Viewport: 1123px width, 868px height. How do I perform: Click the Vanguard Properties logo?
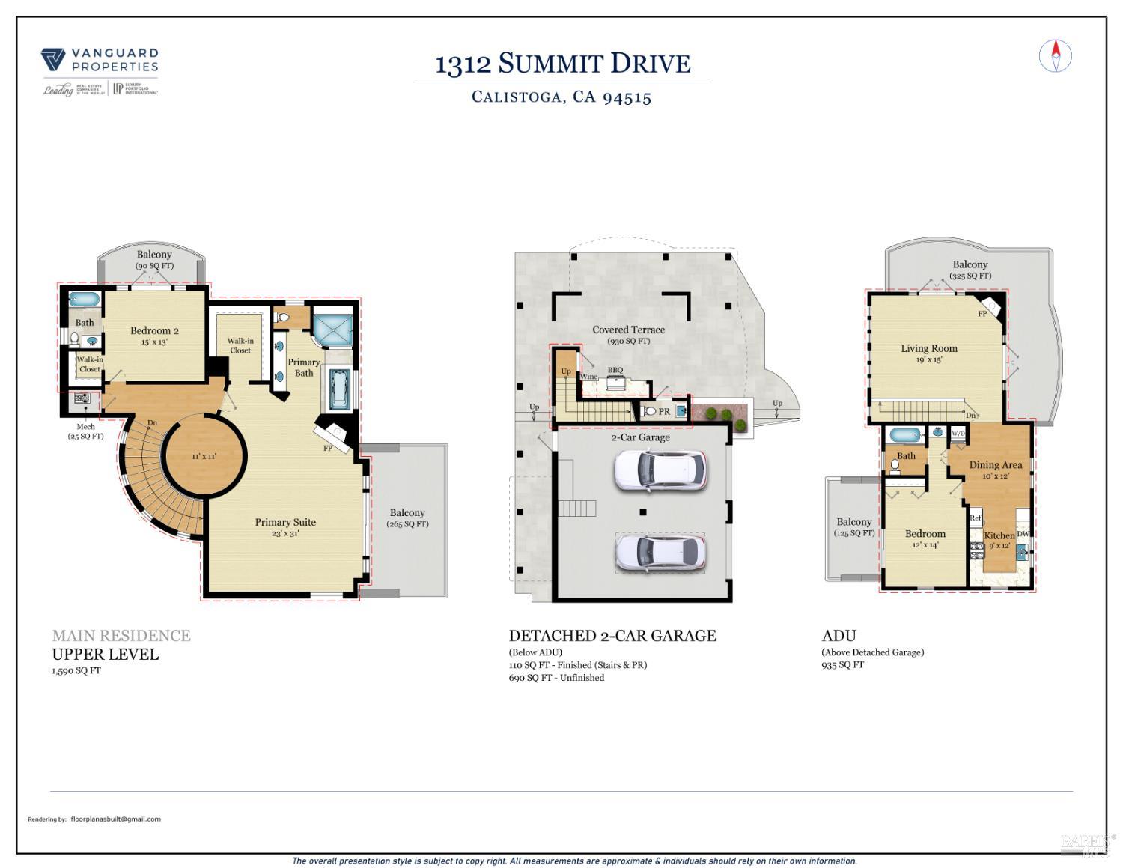(100, 72)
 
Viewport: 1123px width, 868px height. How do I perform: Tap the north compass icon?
(1056, 56)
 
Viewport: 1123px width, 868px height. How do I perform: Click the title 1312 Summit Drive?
(562, 64)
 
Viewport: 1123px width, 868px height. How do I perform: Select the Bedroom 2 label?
(154, 331)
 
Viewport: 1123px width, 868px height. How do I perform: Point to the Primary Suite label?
(285, 523)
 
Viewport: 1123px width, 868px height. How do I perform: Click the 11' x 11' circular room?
(204, 456)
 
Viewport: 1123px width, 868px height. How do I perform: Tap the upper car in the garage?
(659, 470)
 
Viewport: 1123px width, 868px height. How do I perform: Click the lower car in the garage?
(659, 553)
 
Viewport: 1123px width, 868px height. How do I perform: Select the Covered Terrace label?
(628, 330)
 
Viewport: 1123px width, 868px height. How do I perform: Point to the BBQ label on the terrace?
(615, 371)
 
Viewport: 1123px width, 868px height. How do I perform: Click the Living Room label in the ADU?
(928, 349)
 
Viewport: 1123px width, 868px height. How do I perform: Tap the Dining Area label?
(995, 465)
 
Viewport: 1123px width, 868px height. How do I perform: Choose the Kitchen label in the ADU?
(999, 535)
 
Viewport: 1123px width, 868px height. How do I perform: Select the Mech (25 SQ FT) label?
(85, 431)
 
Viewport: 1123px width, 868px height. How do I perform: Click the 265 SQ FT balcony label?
(407, 518)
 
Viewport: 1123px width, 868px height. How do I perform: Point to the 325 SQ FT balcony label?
(970, 270)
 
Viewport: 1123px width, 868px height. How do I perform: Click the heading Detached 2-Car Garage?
(612, 636)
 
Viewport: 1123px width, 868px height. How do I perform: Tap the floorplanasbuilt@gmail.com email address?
(115, 819)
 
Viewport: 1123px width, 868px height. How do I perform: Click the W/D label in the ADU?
(958, 434)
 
